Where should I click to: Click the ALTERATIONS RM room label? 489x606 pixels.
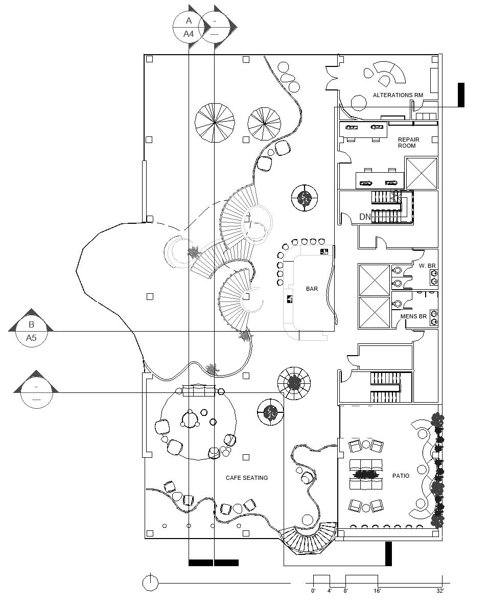(x=398, y=95)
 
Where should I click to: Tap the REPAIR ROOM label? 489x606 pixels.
(x=408, y=143)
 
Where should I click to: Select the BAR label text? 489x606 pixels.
(x=312, y=289)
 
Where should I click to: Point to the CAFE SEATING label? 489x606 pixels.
(x=247, y=478)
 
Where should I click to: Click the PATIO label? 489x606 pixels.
(x=401, y=476)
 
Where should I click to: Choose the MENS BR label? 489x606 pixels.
(x=413, y=317)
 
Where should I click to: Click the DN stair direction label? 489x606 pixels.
(x=365, y=217)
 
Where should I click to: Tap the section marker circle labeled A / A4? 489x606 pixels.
(x=189, y=28)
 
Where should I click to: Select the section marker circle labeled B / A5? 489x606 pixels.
(x=31, y=331)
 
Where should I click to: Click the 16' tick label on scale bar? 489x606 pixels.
(x=377, y=591)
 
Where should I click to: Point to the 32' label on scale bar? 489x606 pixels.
(x=440, y=591)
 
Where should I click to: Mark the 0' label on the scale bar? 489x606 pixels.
(x=313, y=591)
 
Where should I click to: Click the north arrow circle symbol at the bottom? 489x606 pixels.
(x=150, y=582)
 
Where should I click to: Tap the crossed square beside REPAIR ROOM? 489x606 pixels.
(x=421, y=173)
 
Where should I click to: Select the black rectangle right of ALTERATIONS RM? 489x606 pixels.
(x=461, y=95)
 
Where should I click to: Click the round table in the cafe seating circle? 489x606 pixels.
(x=190, y=420)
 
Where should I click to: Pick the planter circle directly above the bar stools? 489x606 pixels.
(x=305, y=198)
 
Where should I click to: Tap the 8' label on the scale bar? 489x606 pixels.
(x=345, y=591)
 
